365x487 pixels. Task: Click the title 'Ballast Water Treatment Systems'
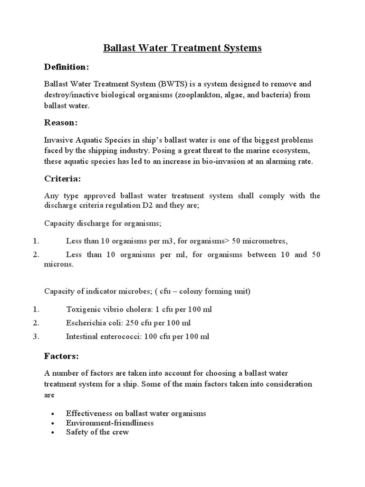(x=182, y=48)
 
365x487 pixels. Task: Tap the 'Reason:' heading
(x=60, y=123)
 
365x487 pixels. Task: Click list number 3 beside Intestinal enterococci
(x=36, y=337)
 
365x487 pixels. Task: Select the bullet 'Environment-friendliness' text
(x=110, y=423)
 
